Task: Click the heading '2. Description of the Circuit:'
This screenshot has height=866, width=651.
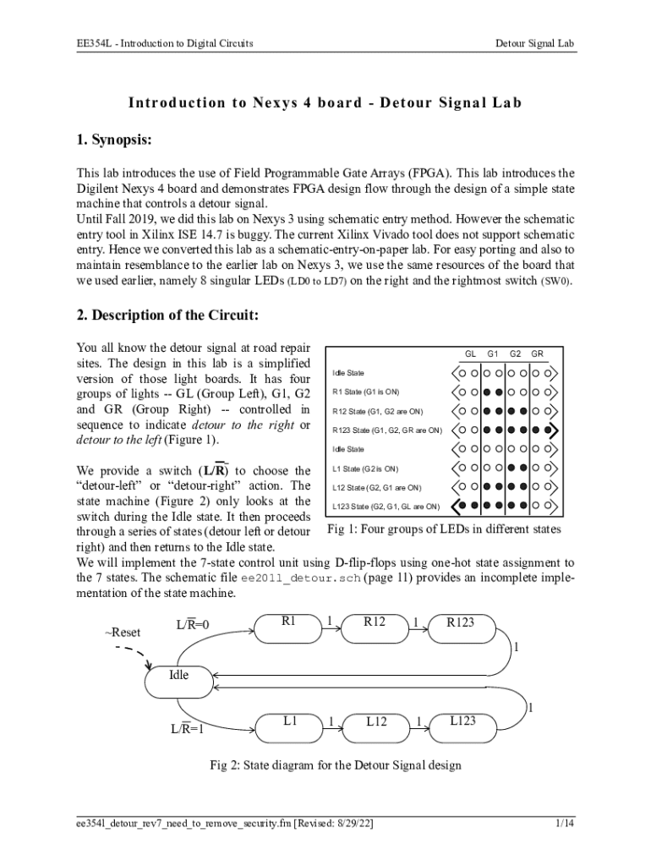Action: (167, 315)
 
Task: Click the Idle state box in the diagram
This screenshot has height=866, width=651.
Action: (179, 676)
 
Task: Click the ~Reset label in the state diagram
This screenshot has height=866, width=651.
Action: (123, 633)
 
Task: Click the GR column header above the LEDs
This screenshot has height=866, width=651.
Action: (537, 354)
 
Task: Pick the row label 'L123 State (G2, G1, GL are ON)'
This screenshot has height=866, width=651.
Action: (386, 507)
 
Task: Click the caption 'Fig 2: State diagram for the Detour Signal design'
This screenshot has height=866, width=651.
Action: (336, 766)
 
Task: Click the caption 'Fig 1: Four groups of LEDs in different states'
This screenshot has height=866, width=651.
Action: (443, 530)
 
